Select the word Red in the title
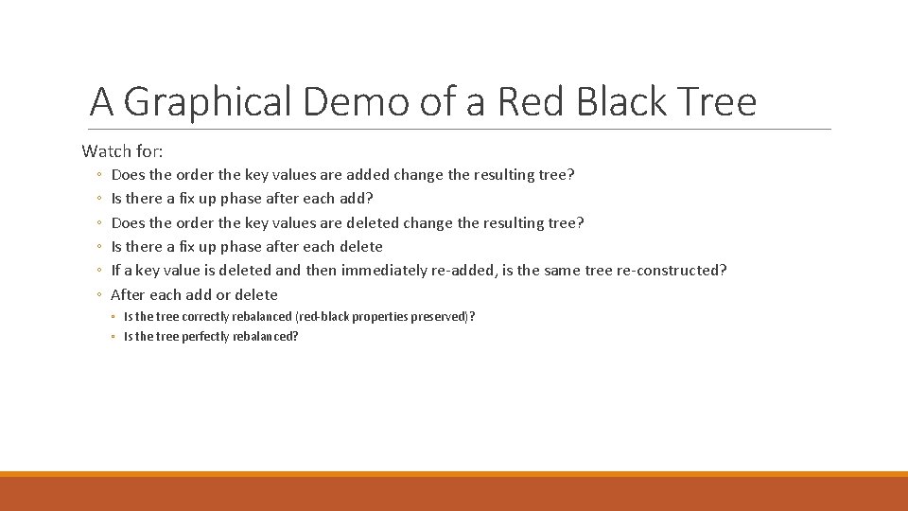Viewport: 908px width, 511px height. coord(520,102)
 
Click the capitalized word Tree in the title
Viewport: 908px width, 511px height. coord(722,102)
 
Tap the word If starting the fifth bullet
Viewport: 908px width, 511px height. coord(116,271)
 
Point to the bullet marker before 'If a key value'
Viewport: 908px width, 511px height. coord(99,271)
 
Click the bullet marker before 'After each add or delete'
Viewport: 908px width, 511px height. coord(99,294)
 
